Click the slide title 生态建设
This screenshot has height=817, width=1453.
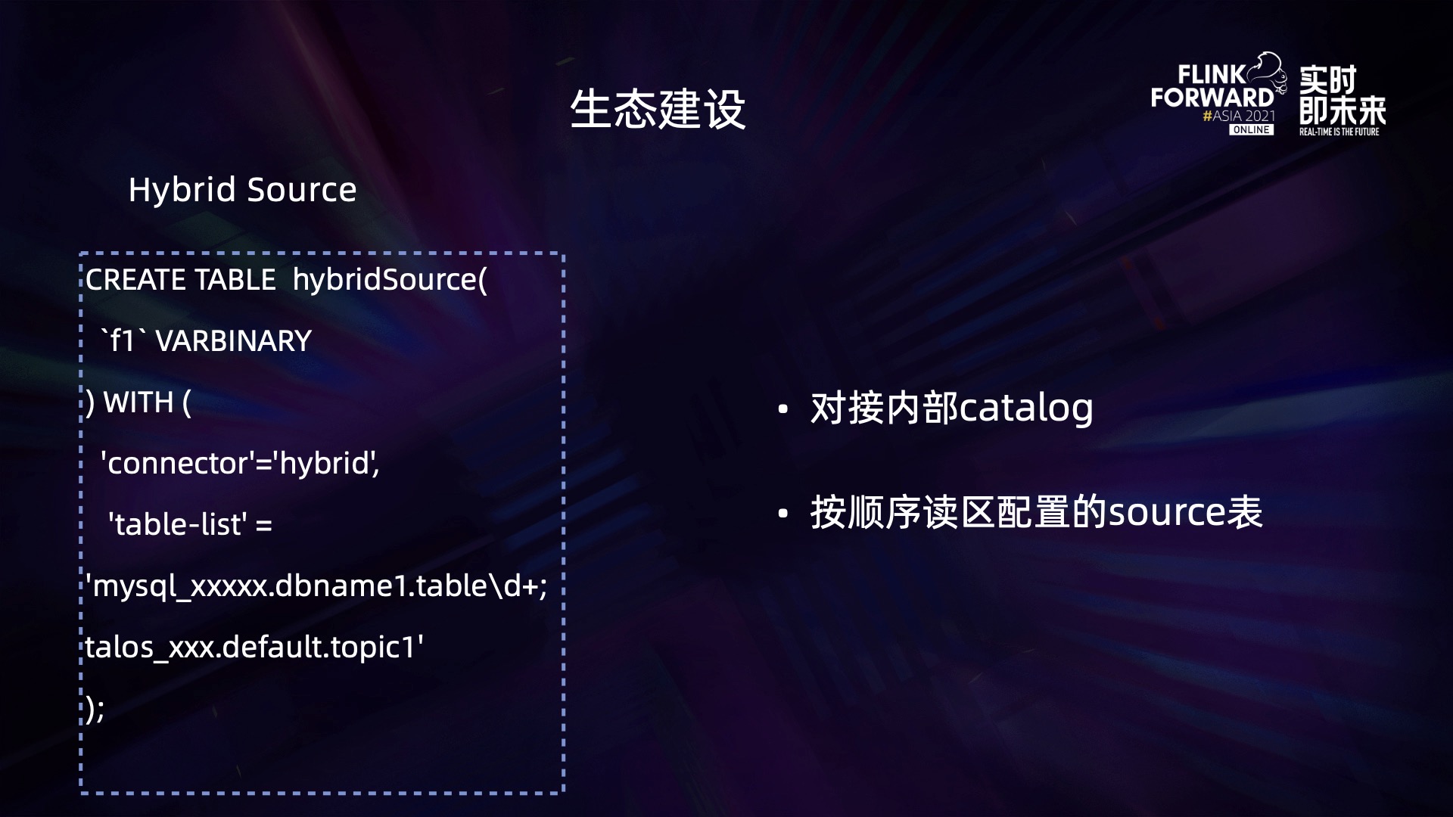[658, 109]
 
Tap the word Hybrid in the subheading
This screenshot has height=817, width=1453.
[182, 190]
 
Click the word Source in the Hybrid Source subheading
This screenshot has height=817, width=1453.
[301, 189]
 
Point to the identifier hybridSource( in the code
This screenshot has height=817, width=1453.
[390, 280]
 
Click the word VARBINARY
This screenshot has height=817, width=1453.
[233, 341]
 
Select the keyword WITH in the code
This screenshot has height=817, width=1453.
[138, 402]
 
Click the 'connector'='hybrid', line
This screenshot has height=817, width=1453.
[240, 463]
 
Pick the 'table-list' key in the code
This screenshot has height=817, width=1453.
[178, 523]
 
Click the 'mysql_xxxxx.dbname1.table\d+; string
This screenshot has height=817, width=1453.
[316, 586]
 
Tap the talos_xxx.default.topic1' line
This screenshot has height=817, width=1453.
[254, 647]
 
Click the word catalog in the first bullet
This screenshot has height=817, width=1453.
[1027, 408]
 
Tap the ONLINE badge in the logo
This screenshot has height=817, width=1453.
[1251, 130]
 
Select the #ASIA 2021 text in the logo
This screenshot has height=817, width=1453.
[1239, 116]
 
